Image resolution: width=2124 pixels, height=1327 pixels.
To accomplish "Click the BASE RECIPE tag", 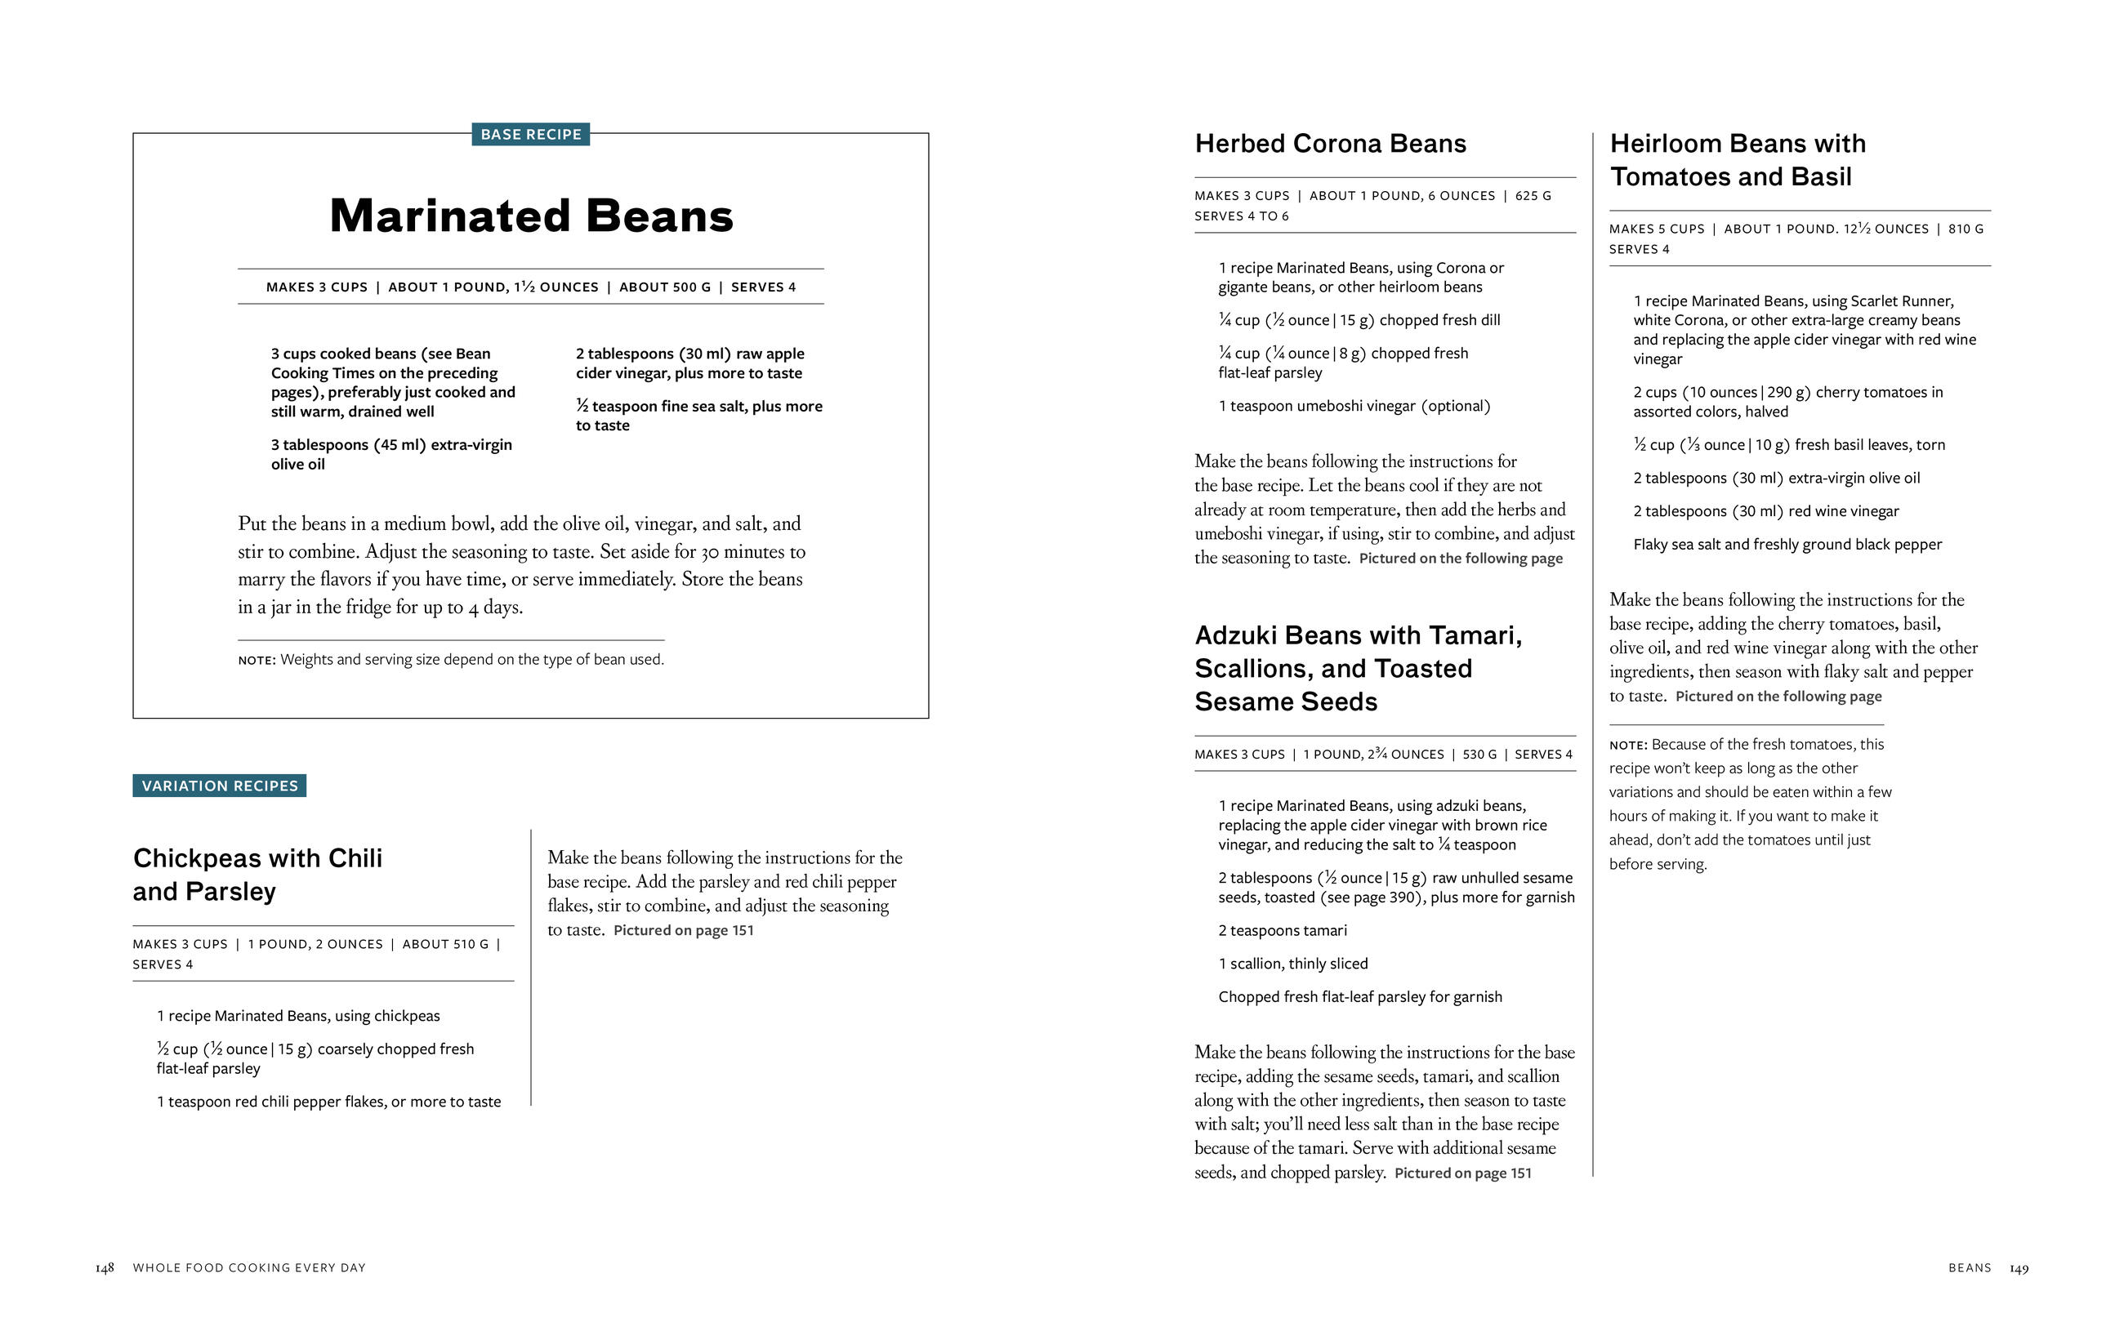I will tap(530, 134).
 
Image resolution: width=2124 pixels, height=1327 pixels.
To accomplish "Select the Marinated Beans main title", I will tap(531, 216).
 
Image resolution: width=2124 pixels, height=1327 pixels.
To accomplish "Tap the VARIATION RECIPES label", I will tap(220, 786).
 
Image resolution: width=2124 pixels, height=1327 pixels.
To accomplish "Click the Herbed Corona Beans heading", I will tap(1330, 144).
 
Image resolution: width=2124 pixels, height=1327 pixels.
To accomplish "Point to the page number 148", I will tap(105, 1268).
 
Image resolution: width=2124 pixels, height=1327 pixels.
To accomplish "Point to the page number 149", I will tap(2019, 1268).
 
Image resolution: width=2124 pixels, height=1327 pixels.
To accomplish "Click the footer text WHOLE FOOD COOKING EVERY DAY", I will tap(249, 1268).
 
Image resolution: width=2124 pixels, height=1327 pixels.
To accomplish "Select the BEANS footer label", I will tap(1970, 1268).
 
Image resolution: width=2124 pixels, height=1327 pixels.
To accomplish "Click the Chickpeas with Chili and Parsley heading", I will tap(257, 874).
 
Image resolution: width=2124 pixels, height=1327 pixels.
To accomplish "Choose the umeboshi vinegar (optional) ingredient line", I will tap(1354, 407).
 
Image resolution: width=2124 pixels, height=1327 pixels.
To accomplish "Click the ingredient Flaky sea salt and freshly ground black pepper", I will tap(1787, 545).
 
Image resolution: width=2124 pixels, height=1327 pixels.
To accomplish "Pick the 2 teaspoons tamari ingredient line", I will tap(1283, 930).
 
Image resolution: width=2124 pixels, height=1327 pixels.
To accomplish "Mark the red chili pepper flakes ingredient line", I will tap(328, 1102).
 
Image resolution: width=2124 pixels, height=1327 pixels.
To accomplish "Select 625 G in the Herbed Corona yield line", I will tap(1533, 196).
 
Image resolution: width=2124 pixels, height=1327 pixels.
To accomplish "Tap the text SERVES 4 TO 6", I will tap(1241, 216).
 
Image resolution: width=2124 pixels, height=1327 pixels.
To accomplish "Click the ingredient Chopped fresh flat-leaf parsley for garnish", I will tap(1359, 997).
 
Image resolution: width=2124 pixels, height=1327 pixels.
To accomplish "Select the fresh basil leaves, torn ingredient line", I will tap(1789, 445).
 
